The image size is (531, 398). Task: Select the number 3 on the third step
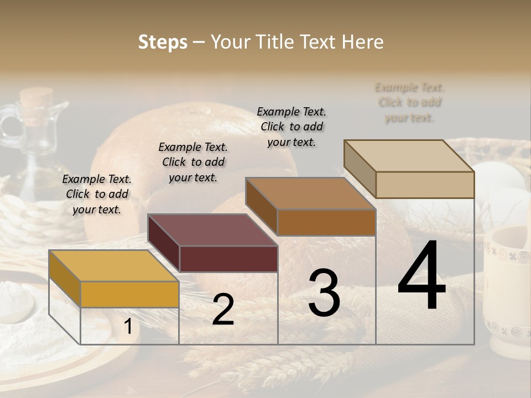pos(324,293)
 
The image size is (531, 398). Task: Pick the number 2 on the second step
pos(223,310)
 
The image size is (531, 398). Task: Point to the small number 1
pos(128,326)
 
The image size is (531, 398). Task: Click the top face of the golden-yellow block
pos(113,265)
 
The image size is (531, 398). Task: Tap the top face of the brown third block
pos(310,193)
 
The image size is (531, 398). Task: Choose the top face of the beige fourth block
pos(409,156)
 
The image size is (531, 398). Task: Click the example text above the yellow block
pos(97,194)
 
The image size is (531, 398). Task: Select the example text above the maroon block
pos(193,162)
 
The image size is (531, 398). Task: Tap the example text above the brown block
pos(291,127)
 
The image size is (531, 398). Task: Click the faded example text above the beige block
pos(409,102)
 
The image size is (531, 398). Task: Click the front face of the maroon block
pos(228,259)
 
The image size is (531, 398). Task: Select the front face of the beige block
pos(425,185)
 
